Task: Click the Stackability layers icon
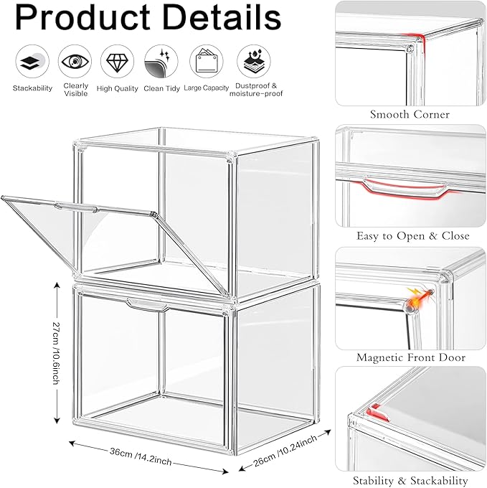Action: [x=32, y=61]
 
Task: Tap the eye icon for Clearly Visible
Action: [x=75, y=61]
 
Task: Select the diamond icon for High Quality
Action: [x=117, y=61]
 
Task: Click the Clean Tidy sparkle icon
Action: [x=161, y=61]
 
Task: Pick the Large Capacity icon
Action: [x=206, y=61]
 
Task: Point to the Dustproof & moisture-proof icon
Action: [x=254, y=61]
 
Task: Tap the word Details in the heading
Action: [x=222, y=18]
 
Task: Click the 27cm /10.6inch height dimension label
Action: [x=56, y=353]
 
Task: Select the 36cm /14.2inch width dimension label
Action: [x=141, y=456]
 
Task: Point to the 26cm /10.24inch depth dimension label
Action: [x=285, y=451]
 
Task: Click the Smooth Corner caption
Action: [x=410, y=115]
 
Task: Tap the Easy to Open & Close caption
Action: [x=412, y=235]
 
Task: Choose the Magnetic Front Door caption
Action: [x=411, y=357]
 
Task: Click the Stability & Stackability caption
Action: [x=410, y=480]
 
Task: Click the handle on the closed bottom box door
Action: [x=148, y=304]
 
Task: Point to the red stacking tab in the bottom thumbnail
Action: [x=378, y=413]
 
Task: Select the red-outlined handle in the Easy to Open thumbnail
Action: [x=405, y=187]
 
